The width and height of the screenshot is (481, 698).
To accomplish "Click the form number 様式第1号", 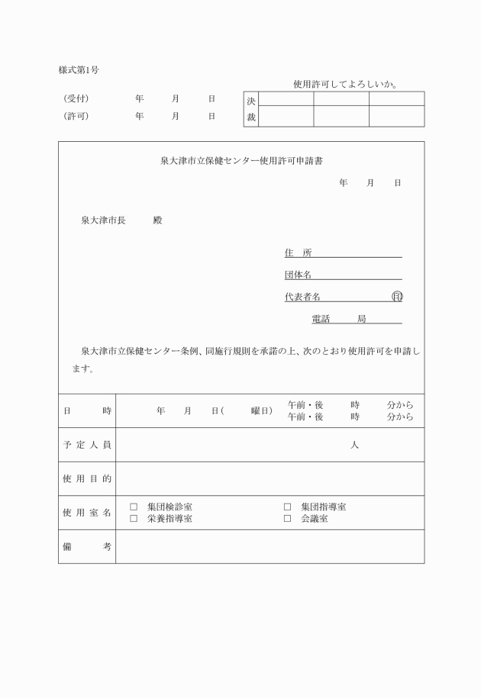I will click(79, 70).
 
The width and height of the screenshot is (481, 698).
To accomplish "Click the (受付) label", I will click(76, 99).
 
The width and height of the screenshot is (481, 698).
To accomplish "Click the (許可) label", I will click(76, 117).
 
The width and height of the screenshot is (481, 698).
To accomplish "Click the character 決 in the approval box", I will click(251, 101).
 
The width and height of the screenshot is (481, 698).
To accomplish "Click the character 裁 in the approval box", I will click(251, 117).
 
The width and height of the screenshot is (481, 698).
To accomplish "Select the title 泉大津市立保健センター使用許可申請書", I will click(240, 161).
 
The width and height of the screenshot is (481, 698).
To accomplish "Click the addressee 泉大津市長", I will click(103, 220).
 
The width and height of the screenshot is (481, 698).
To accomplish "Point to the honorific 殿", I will click(157, 220).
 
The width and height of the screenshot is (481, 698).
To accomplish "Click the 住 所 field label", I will click(298, 253).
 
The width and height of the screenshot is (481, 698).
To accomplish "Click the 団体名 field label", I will click(298, 275).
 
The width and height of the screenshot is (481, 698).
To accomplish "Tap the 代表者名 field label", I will click(302, 297).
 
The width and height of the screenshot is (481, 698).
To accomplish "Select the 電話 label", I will click(321, 318).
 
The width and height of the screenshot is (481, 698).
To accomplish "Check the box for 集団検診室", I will click(134, 507).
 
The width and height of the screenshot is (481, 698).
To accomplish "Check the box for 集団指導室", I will click(288, 507).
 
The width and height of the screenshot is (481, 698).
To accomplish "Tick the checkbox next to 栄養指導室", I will click(134, 519).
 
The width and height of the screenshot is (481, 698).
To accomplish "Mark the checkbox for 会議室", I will click(288, 519).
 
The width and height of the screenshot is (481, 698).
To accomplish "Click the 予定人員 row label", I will click(87, 445).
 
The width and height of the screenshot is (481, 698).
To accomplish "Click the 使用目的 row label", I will click(87, 479).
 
